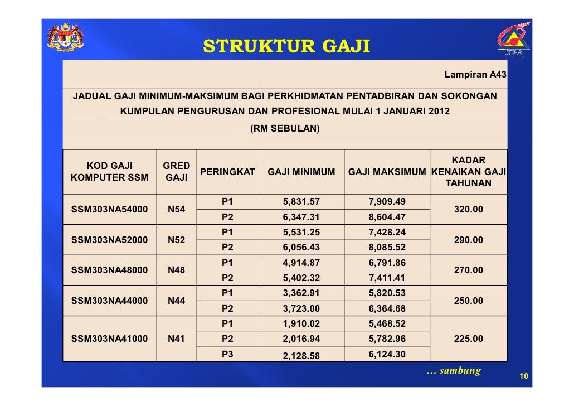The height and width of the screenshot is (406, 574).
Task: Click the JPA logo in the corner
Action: (512, 41)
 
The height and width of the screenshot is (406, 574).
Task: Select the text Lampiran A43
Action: (475, 74)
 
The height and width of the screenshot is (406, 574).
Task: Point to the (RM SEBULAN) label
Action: (285, 128)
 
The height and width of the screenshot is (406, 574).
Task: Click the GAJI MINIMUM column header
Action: (301, 172)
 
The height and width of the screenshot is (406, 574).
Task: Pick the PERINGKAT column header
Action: (227, 172)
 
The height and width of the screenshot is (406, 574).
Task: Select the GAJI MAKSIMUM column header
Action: (387, 172)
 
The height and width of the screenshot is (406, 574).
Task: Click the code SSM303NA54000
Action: (110, 210)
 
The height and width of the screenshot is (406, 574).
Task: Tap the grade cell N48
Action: (177, 270)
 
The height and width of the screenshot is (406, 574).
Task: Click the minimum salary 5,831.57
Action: (301, 202)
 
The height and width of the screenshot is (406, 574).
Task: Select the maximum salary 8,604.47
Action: (387, 217)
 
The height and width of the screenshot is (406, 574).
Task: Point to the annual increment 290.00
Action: (468, 240)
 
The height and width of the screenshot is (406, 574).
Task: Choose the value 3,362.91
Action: (301, 293)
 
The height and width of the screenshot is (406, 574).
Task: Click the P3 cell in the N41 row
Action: (227, 354)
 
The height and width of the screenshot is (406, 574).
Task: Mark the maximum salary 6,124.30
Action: (387, 354)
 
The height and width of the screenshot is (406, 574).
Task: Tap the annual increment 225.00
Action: (468, 339)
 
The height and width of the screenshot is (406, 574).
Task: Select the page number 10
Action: (523, 377)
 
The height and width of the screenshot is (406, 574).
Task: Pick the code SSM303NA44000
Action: (110, 301)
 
